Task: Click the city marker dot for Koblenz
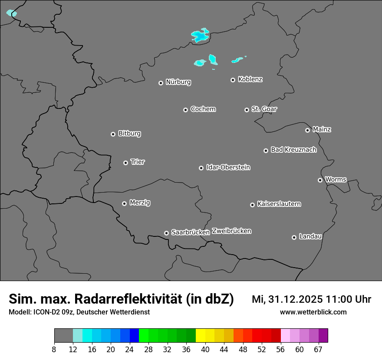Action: (233, 80)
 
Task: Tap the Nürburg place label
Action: (178, 82)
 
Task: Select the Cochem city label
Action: (203, 109)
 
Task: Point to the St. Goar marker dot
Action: (247, 110)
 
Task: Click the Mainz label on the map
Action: (322, 130)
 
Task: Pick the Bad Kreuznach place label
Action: (293, 150)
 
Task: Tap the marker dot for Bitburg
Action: (113, 134)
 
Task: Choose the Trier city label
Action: (138, 162)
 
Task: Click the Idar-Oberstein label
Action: (228, 167)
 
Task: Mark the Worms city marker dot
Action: (320, 180)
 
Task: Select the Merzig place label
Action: (140, 203)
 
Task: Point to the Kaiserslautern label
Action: (279, 204)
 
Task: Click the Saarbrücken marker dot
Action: (166, 233)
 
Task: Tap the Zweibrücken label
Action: (231, 231)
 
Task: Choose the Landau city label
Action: (310, 237)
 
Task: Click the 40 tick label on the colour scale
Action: (205, 350)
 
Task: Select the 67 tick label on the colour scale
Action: (318, 350)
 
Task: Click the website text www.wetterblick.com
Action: (313, 312)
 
